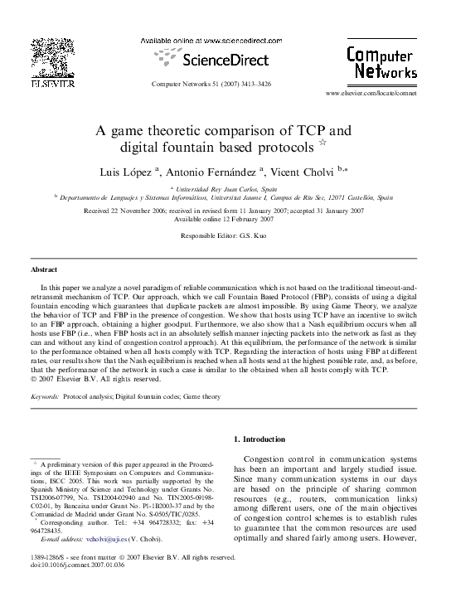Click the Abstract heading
pos(44,270)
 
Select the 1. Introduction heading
pos(259,439)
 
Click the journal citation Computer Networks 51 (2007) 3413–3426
pos(211,85)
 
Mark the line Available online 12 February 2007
pos(225,219)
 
